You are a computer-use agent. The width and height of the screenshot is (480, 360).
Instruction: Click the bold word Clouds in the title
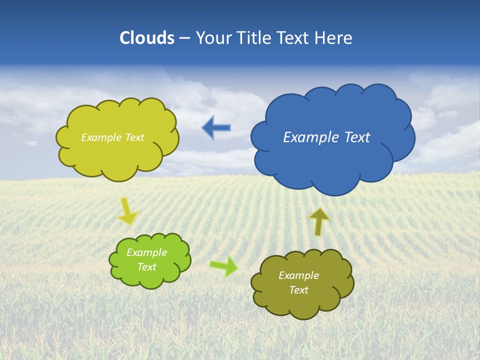click(146, 38)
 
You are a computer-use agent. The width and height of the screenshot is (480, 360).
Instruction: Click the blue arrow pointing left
click(216, 128)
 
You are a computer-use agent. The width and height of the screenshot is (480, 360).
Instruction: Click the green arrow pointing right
click(223, 266)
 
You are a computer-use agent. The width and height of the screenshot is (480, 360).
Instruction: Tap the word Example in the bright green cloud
click(146, 252)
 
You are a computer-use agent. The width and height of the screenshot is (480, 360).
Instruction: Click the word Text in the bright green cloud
click(146, 267)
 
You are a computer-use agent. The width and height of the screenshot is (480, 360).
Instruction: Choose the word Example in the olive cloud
click(298, 275)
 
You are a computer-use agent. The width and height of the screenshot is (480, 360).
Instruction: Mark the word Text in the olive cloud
click(298, 290)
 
